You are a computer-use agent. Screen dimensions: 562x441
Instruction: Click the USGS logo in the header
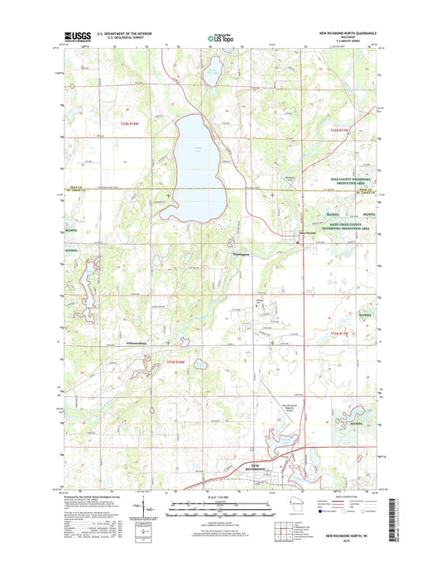tap(75, 36)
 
